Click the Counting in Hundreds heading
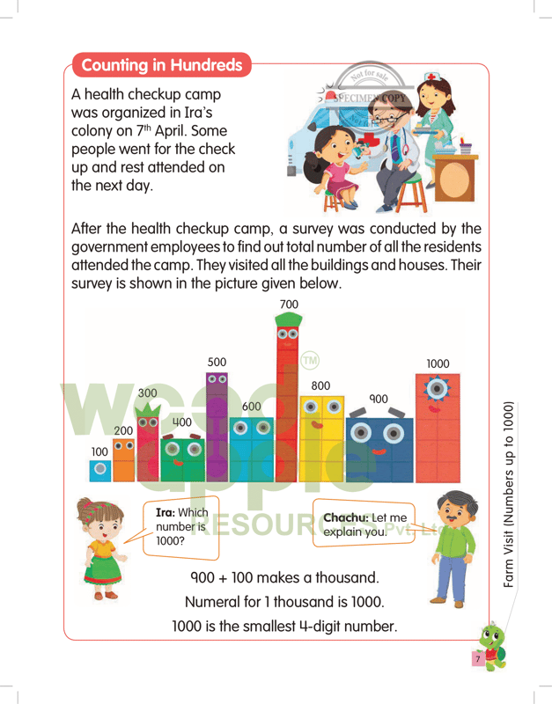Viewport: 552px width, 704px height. click(162, 65)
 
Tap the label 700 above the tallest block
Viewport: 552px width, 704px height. click(289, 304)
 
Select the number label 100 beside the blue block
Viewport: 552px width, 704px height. click(100, 451)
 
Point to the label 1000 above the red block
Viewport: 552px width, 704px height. click(438, 363)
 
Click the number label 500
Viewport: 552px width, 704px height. click(217, 362)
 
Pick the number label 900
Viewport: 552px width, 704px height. click(378, 399)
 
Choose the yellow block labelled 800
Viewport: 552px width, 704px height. click(321, 440)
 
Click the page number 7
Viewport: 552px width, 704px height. click(476, 658)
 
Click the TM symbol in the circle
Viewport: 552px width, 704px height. click(310, 361)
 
